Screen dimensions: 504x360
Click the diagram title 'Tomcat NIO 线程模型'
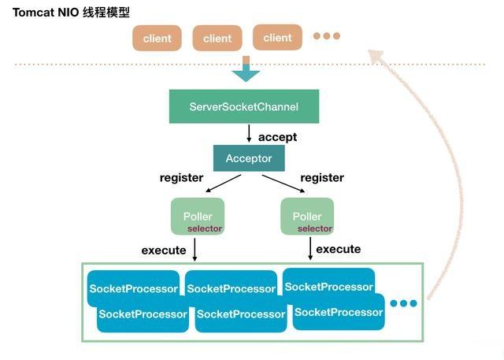point(71,13)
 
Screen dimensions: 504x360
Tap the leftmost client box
point(157,39)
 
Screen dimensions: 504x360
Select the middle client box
point(217,39)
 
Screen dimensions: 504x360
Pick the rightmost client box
point(277,38)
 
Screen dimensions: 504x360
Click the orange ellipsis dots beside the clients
point(327,35)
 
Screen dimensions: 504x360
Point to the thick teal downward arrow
point(246,69)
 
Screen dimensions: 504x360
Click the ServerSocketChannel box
point(244,106)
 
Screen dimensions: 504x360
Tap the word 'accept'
point(277,137)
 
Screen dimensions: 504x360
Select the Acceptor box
point(249,158)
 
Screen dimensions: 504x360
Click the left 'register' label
point(181,177)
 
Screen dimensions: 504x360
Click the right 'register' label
point(322,177)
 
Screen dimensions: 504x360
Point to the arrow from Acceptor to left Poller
point(223,184)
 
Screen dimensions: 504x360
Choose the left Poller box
point(198,217)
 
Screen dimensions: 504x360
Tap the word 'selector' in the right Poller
point(315,228)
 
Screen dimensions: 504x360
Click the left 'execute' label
point(164,251)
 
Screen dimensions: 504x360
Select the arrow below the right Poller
point(310,248)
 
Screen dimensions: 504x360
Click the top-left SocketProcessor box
point(133,288)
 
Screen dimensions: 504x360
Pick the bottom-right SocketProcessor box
point(339,312)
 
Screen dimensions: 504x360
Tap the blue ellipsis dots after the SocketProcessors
point(404,303)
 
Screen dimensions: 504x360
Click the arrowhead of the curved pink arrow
point(376,56)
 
